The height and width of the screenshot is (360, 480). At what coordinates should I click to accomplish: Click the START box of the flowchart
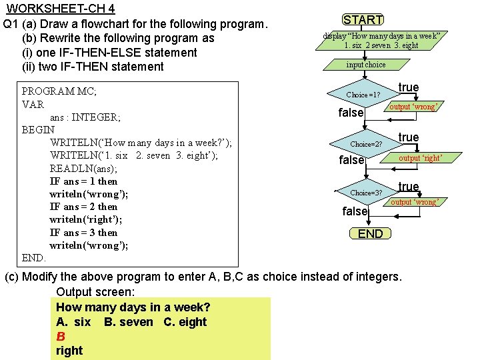pos(363,20)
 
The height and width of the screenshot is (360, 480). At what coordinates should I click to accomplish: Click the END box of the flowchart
pos(370,233)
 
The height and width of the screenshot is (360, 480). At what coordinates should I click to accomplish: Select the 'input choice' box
pos(365,65)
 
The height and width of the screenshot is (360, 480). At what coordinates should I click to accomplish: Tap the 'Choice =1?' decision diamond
pos(363,95)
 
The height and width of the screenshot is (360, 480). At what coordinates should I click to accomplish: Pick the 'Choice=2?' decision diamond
pos(366,144)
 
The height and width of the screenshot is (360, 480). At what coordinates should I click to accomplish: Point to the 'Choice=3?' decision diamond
pos(366,193)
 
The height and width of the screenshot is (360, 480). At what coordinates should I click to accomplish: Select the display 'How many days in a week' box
pos(381,41)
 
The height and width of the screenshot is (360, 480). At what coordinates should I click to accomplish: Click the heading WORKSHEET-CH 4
pos(61,9)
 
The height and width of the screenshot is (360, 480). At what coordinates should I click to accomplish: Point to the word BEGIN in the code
pos(38,130)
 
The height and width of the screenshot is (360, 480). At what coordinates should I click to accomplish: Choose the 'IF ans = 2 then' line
pos(83,207)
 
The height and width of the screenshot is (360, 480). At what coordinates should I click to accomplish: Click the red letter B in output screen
pos(60,336)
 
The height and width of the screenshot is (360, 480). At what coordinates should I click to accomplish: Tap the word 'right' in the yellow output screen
pos(69,350)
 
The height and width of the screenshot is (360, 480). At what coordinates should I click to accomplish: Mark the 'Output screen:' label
pos(95,292)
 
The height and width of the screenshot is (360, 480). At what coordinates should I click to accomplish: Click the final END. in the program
pos(34,257)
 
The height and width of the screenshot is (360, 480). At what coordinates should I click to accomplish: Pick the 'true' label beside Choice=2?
pos(409,137)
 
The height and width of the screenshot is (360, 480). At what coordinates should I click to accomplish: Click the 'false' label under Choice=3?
pos(355,211)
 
